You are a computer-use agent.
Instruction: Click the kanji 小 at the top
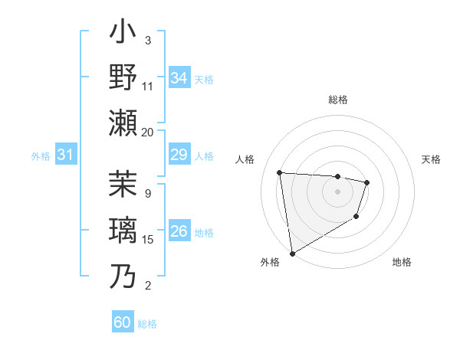point(123,35)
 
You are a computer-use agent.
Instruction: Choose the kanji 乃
point(123,275)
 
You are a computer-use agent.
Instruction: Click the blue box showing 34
point(179,78)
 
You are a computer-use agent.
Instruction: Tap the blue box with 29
point(179,155)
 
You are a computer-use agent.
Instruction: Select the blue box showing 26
point(179,232)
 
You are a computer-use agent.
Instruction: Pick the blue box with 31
point(66,155)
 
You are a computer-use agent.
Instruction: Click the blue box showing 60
point(123,322)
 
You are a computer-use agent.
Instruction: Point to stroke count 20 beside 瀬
point(148,132)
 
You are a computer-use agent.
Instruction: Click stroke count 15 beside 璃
point(148,240)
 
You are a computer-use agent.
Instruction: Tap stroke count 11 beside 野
point(148,86)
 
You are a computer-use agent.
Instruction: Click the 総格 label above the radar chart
point(337,100)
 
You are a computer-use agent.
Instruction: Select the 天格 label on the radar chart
point(431,159)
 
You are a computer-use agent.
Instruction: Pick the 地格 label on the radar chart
point(402,262)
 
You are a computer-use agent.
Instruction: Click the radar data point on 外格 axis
point(292,253)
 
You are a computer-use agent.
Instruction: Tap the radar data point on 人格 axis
point(280,172)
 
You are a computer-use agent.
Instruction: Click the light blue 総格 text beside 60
point(147,324)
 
